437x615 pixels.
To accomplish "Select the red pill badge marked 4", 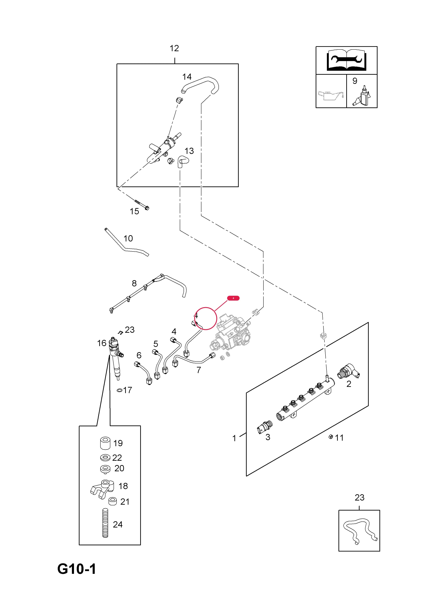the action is point(233,298).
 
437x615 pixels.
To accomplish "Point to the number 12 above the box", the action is point(174,48).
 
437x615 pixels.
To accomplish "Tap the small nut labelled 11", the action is point(331,437).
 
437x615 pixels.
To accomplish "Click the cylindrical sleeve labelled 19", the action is point(105,443).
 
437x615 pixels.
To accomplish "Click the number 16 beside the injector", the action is point(102,343).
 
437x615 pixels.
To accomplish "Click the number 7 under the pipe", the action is point(199,370).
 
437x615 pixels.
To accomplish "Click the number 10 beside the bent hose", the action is point(128,238).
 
